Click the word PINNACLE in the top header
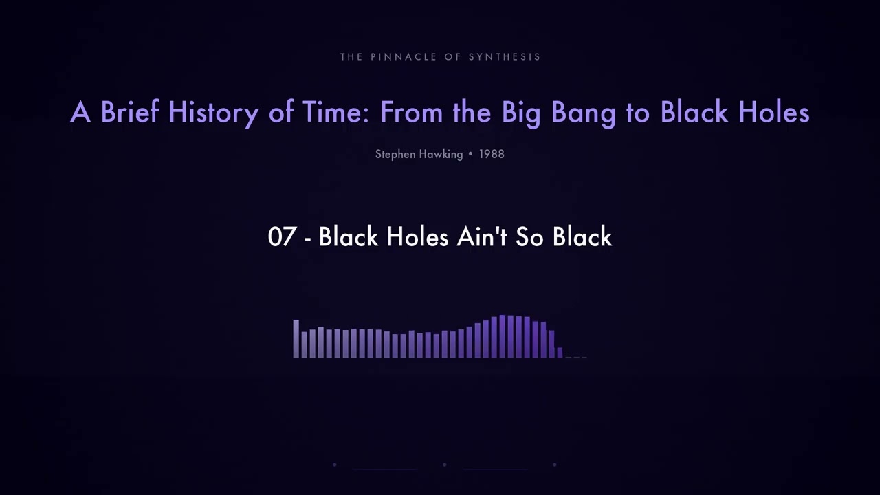pyautogui.click(x=405, y=57)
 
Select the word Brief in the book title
pyautogui.click(x=131, y=112)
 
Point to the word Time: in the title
pyautogui.click(x=336, y=112)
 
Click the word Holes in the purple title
pyautogui.click(x=773, y=112)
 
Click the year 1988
pyautogui.click(x=492, y=154)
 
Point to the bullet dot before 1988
pyautogui.click(x=470, y=155)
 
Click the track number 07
pyautogui.click(x=282, y=237)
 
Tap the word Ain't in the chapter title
pyautogui.click(x=481, y=237)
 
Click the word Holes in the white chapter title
pyautogui.click(x=418, y=237)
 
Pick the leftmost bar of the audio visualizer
pyautogui.click(x=296, y=338)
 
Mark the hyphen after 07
pyautogui.click(x=307, y=239)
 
